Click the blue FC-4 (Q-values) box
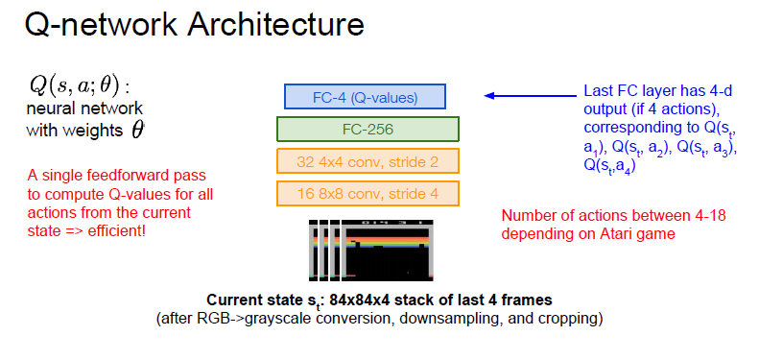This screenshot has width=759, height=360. pyautogui.click(x=365, y=96)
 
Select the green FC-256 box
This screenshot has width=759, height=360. pyautogui.click(x=368, y=129)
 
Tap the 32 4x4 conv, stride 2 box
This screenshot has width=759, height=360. pyautogui.click(x=368, y=161)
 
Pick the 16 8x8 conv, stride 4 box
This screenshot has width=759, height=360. pyautogui.click(x=368, y=194)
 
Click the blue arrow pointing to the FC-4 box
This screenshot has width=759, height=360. pyautogui.click(x=531, y=96)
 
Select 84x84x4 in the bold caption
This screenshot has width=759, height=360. pyautogui.click(x=359, y=300)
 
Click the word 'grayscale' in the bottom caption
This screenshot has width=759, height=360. pyautogui.click(x=273, y=320)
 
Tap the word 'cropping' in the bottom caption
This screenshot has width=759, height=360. pyautogui.click(x=569, y=320)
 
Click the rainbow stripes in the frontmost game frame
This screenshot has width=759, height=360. pyautogui.click(x=388, y=238)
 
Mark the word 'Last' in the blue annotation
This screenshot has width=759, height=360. pyautogui.click(x=598, y=91)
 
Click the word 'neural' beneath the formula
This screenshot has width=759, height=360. pyautogui.click(x=48, y=108)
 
